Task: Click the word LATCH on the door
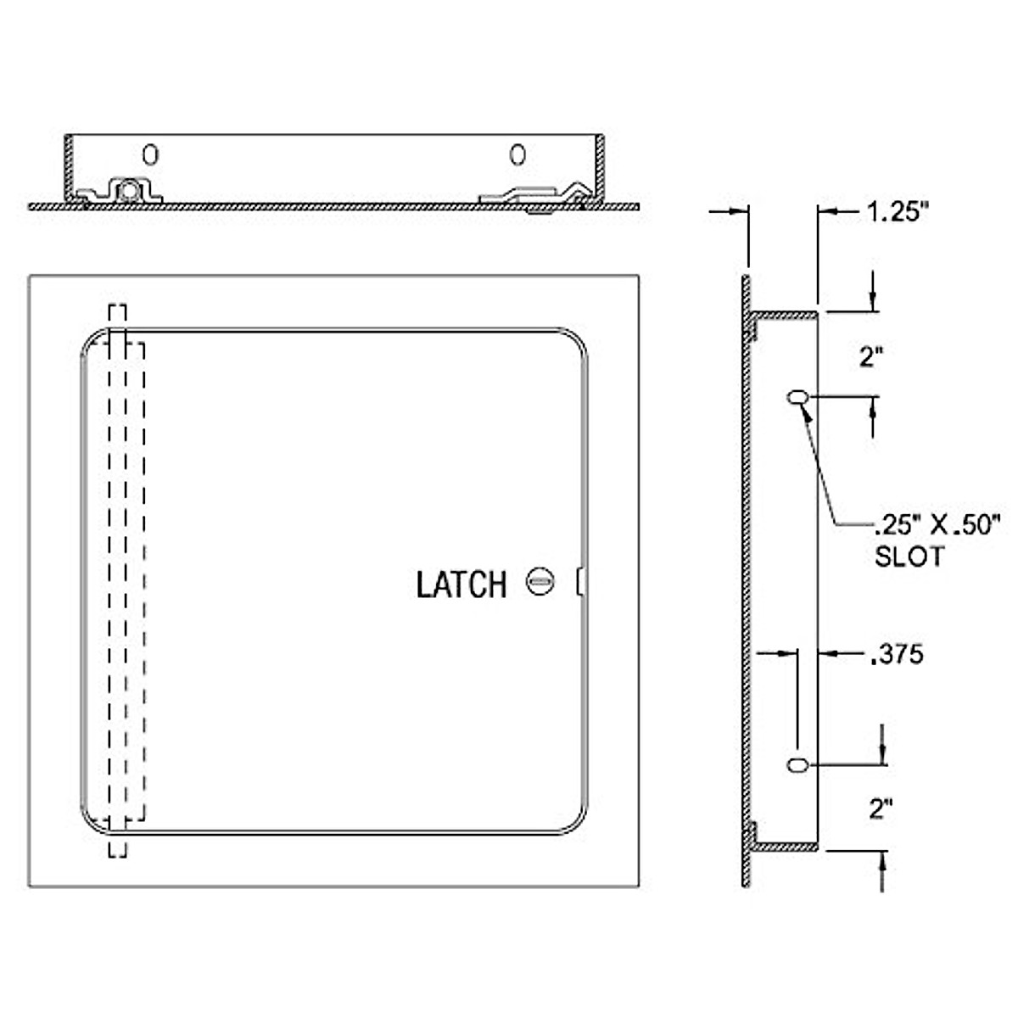(461, 585)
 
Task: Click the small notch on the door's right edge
(581, 582)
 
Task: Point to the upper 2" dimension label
(867, 357)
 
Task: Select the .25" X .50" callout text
(936, 525)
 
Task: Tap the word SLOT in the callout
(909, 557)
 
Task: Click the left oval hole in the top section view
(150, 154)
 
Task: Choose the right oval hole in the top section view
(517, 154)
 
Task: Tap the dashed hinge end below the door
(117, 847)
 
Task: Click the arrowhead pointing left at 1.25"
(825, 212)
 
